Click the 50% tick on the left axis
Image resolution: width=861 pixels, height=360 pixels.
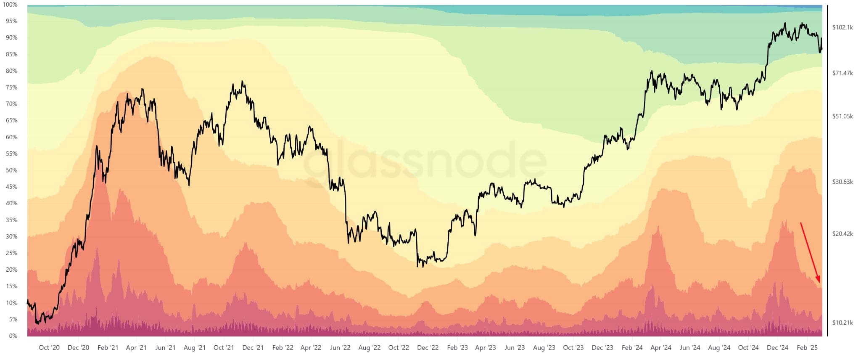tap(11, 170)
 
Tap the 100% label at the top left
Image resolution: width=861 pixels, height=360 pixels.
tap(10, 5)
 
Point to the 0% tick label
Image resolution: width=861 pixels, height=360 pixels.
tap(13, 336)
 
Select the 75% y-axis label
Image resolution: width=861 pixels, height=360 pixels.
tap(11, 87)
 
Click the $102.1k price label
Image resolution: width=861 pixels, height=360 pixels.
tap(843, 27)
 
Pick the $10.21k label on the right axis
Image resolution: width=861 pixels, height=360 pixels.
tap(843, 323)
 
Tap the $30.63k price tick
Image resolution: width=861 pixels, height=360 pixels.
tap(843, 182)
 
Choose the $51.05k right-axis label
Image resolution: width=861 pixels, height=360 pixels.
tap(843, 116)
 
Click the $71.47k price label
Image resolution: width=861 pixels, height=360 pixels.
tap(843, 73)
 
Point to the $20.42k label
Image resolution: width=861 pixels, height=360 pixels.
tap(843, 234)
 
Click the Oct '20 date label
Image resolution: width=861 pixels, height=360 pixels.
tap(49, 347)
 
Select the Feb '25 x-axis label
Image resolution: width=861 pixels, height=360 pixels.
tap(807, 347)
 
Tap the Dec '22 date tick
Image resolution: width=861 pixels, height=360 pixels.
tap(428, 347)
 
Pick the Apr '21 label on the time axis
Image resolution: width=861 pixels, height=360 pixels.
tap(136, 347)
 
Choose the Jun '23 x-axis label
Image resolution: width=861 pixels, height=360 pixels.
tap(515, 347)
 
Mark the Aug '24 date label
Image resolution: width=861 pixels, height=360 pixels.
tap(719, 347)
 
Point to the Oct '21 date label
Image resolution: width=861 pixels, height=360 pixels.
tap(224, 347)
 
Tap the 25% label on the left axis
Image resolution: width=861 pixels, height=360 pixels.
tap(11, 253)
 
